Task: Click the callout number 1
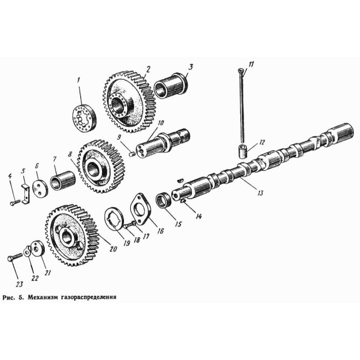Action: [79, 80]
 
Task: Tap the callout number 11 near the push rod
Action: [251, 64]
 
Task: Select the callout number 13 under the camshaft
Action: [261, 193]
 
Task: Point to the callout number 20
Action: [113, 249]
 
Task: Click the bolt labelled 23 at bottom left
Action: [15, 257]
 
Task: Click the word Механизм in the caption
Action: [47, 297]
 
